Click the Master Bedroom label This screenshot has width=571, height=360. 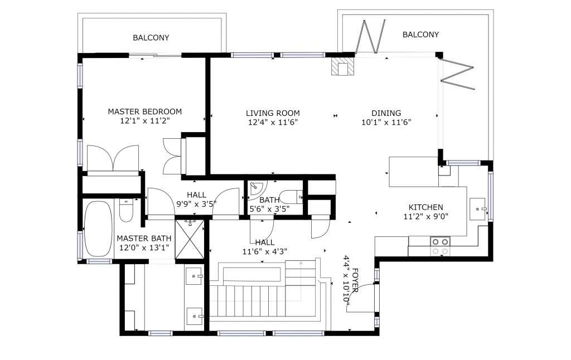point(144,111)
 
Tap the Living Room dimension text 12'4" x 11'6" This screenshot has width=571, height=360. point(273,122)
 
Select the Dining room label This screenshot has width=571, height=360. point(386,113)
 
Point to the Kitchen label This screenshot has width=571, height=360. point(425,207)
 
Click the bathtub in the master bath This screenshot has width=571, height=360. point(98,229)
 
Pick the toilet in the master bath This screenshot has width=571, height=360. point(126,211)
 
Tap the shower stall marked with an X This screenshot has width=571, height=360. point(190,239)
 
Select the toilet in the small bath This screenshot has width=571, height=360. point(291,197)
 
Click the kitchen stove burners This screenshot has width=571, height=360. point(440,246)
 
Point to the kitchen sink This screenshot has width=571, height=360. point(478,210)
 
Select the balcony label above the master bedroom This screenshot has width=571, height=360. point(151,37)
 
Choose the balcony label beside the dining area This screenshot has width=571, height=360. point(420,35)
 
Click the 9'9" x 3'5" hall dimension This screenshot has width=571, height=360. point(197,204)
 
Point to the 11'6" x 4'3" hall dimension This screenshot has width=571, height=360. point(265,251)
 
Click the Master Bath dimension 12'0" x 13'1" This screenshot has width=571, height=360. point(144,247)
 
